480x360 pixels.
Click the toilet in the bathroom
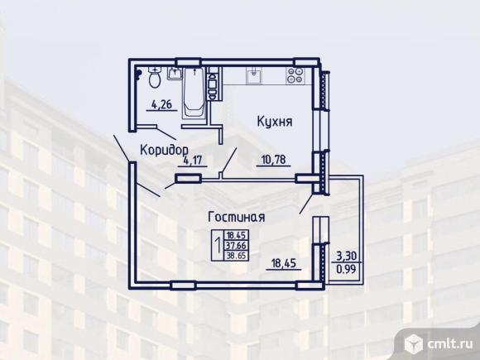(x=155, y=77)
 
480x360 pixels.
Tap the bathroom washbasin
(x=175, y=74)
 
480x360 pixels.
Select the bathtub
(x=194, y=93)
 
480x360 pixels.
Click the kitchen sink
(x=254, y=75)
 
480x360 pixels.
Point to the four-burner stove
(x=295, y=75)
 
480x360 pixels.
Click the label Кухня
(x=275, y=122)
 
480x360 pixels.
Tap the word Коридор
(x=164, y=150)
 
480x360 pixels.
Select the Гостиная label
(x=237, y=217)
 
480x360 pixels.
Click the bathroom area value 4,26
(x=161, y=105)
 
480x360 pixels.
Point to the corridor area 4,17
(x=193, y=161)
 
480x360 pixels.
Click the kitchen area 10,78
(x=273, y=160)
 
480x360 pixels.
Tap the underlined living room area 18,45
(x=284, y=263)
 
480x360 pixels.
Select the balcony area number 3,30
(x=347, y=255)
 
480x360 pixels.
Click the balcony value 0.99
(x=347, y=269)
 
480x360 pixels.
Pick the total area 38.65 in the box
(x=237, y=256)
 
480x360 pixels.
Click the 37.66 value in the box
(x=237, y=246)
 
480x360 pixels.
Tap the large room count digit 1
(x=218, y=245)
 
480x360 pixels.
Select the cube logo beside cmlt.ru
(x=414, y=343)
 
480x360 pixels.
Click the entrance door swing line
(x=122, y=148)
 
